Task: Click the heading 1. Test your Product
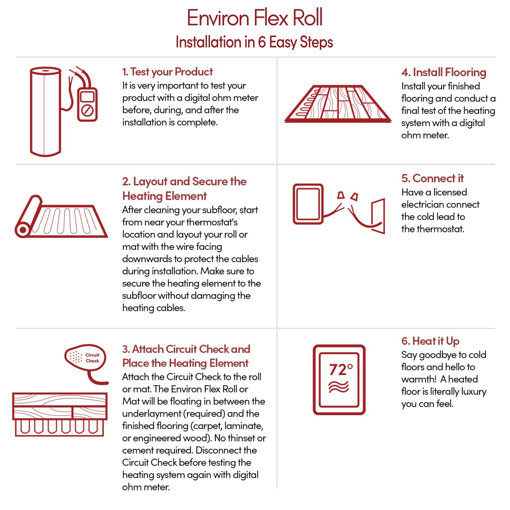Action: coord(167,72)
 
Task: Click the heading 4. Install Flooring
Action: coord(444,72)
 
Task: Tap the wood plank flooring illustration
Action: coord(338,104)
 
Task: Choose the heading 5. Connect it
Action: coord(432,178)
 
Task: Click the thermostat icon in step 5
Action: coord(308,204)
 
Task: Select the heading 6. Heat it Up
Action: coord(430,341)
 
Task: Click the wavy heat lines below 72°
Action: coord(339,387)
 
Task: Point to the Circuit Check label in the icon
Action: coord(92,358)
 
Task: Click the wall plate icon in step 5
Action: coord(378,216)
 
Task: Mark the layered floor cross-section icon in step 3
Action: coord(60,414)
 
